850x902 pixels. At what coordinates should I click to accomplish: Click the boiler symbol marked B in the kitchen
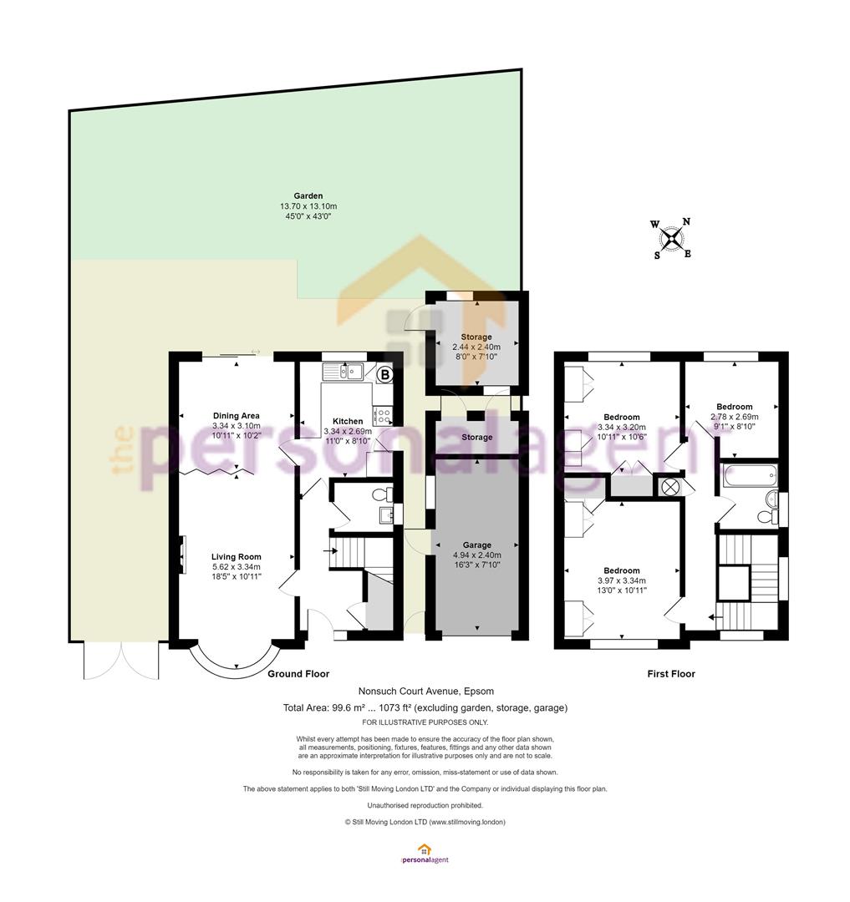coord(385,374)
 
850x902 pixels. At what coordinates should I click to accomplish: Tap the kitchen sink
coord(343,372)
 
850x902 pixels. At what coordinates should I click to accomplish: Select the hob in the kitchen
coord(383,415)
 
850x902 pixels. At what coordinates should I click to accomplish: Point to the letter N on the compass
coord(686,221)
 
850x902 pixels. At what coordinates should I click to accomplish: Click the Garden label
coord(308,195)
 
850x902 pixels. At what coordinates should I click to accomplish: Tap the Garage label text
coord(477,545)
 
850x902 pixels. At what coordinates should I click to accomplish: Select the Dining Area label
coord(237,415)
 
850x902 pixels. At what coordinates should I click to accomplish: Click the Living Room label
coord(237,556)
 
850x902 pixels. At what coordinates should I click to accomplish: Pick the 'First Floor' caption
coord(671,674)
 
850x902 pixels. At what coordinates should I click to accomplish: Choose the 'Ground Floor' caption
coord(298,674)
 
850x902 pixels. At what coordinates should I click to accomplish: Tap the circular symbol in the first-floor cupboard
coord(670,487)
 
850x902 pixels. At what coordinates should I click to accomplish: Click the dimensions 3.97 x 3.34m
coord(622,580)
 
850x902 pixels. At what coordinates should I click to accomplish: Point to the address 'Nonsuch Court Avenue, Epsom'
coord(426,691)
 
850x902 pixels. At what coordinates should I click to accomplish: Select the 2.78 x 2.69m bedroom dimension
coord(735,417)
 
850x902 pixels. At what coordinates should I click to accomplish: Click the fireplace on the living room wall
coord(183,555)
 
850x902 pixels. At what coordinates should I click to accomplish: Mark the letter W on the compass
coord(655,225)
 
